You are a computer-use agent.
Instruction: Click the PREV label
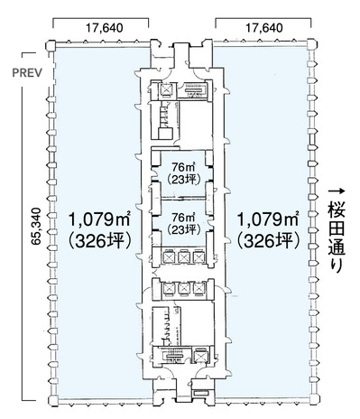pyautogui.click(x=27, y=73)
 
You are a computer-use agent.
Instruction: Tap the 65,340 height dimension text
pyautogui.click(x=37, y=226)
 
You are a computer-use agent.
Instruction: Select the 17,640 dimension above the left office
pyautogui.click(x=105, y=28)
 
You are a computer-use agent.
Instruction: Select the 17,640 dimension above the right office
pyautogui.click(x=264, y=28)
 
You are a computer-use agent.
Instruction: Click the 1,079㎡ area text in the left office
pyautogui.click(x=99, y=219)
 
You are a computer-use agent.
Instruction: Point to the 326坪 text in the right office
pyautogui.click(x=269, y=241)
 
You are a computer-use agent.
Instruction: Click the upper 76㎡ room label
pyautogui.click(x=183, y=166)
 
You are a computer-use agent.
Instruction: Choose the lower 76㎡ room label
pyautogui.click(x=183, y=217)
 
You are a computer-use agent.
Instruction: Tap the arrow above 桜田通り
pyautogui.click(x=337, y=191)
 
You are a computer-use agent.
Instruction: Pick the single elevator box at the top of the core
pyautogui.click(x=166, y=89)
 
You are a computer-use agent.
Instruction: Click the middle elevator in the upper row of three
pyautogui.click(x=183, y=257)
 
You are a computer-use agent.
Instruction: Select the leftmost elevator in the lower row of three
pyautogui.click(x=168, y=289)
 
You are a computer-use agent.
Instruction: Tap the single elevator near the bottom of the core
pyautogui.click(x=200, y=357)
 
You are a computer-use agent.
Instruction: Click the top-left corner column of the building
pyautogui.click(x=51, y=46)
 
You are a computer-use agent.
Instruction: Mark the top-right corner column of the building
pyautogui.click(x=312, y=44)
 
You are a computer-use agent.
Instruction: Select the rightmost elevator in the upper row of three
pyautogui.click(x=198, y=257)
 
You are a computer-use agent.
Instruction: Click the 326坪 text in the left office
pyautogui.click(x=100, y=241)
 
